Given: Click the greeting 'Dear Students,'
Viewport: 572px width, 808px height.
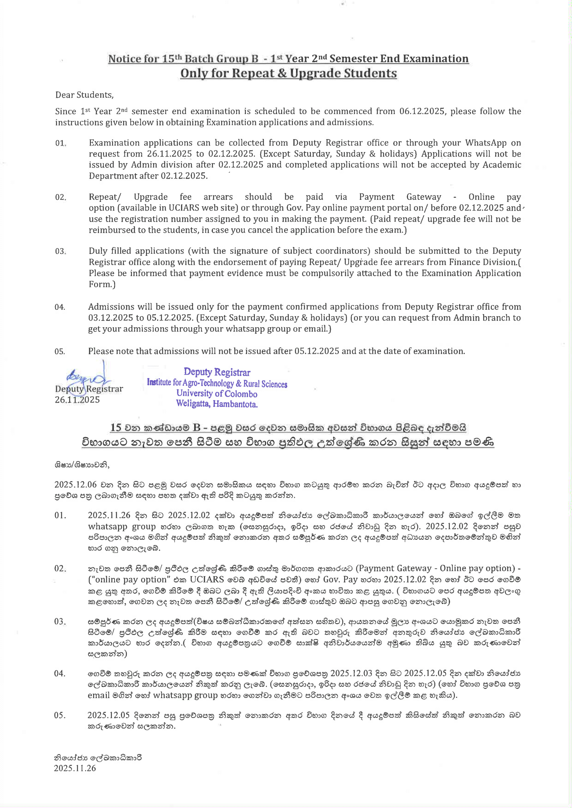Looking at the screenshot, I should point(84,95).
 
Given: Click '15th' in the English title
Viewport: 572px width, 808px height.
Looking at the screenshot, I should point(172,59).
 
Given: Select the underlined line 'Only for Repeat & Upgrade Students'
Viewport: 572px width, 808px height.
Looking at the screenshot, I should point(288,73).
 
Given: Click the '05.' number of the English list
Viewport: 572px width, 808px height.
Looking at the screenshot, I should point(59,351).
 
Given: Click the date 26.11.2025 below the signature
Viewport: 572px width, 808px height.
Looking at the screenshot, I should point(77,400).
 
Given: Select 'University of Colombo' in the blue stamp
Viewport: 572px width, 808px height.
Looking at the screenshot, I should point(216,394).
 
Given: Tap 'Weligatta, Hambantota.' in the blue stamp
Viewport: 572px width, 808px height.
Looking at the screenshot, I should point(216,404).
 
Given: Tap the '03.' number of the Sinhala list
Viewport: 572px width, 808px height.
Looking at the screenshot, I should point(59,621).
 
